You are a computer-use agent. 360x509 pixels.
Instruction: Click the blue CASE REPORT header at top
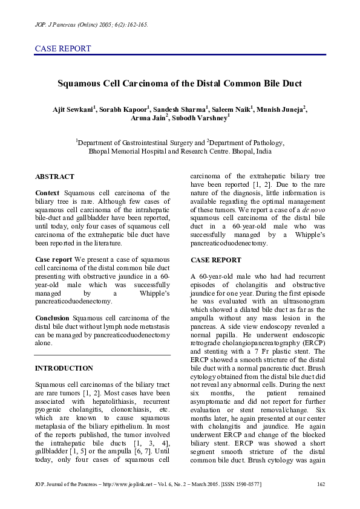click(x=63, y=49)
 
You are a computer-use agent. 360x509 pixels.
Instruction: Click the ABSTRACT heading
click(x=54, y=177)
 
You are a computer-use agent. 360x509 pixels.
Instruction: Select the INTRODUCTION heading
click(x=64, y=368)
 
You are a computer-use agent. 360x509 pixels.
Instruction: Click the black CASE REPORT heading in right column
click(x=215, y=260)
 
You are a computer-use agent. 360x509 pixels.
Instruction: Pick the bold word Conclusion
click(x=52, y=317)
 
